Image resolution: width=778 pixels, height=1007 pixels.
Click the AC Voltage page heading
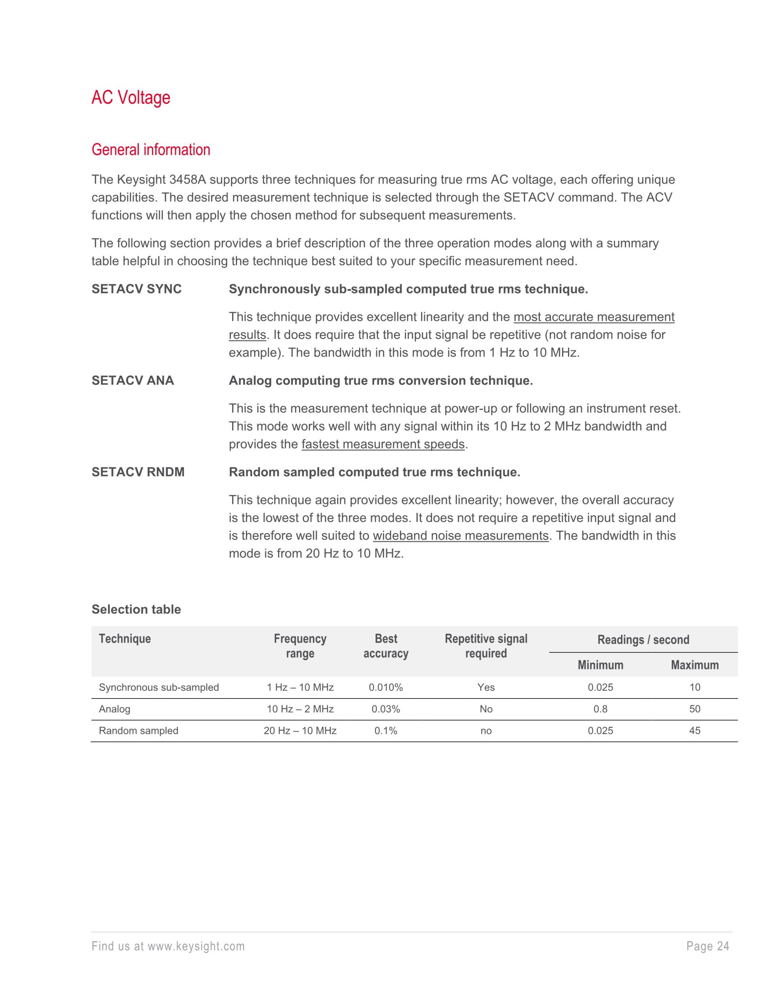click(131, 98)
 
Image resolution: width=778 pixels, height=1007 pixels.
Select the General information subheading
click(151, 150)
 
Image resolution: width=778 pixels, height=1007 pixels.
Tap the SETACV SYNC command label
click(137, 289)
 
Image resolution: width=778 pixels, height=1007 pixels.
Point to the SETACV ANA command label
click(133, 380)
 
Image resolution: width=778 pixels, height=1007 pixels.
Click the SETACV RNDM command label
click(138, 472)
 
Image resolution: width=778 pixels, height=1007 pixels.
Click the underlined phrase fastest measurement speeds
click(383, 444)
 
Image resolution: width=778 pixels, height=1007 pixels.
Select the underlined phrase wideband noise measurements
click(460, 536)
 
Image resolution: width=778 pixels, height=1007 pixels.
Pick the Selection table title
click(136, 610)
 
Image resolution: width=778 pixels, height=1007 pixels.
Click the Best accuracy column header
click(386, 646)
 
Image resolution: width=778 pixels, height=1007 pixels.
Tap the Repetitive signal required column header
click(486, 646)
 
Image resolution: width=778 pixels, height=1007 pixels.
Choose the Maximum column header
click(695, 665)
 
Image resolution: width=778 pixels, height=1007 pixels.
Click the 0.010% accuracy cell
click(386, 688)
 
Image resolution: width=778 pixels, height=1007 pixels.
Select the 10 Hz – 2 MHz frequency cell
click(300, 709)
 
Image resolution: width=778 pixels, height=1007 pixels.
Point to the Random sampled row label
click(138, 731)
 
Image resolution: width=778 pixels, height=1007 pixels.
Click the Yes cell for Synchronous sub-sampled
click(486, 688)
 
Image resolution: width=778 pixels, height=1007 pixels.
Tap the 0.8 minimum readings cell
click(600, 709)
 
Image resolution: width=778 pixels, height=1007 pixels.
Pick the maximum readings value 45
click(695, 731)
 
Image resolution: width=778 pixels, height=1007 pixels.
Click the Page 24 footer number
click(707, 947)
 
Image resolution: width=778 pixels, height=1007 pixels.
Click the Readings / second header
click(643, 640)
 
